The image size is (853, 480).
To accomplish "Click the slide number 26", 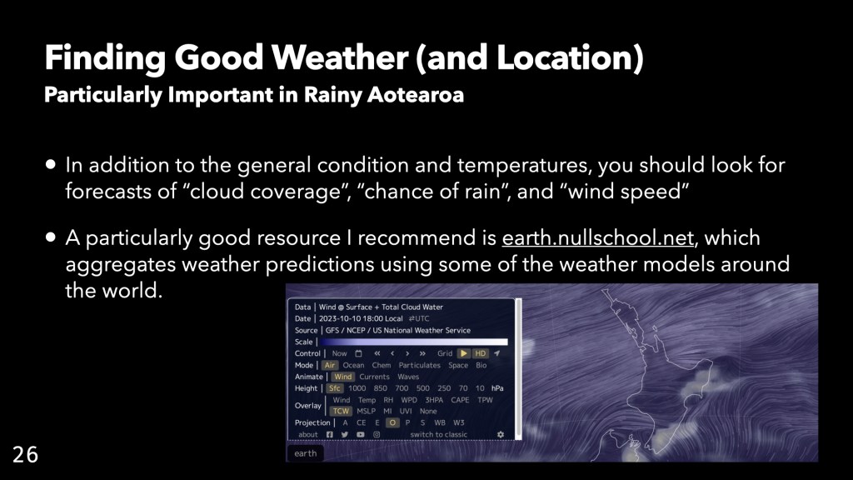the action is [x=26, y=454].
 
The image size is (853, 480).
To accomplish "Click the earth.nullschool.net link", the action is [x=597, y=237].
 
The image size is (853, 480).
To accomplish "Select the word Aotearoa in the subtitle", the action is [x=416, y=95].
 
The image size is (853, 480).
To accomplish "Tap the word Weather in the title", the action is [x=341, y=57].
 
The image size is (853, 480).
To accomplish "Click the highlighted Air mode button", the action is [x=330, y=365].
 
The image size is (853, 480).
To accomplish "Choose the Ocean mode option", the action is [x=353, y=365].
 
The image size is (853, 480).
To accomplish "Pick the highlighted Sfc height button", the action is [x=335, y=388].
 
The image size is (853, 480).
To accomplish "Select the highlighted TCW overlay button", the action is [x=341, y=411].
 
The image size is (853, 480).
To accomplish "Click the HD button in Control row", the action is [x=481, y=353].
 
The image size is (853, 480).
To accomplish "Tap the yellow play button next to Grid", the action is [x=463, y=353].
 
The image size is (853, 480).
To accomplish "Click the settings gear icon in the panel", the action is [x=501, y=434].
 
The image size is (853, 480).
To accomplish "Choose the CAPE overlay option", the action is [x=460, y=400].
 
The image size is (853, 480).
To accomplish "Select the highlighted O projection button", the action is [x=392, y=422].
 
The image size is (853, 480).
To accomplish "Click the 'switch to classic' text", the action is [x=438, y=434].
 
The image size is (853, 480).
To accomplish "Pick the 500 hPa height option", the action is [x=422, y=388].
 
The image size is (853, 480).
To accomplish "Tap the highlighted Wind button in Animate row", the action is [x=342, y=377].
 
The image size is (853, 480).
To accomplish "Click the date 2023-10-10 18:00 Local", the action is [x=361, y=318].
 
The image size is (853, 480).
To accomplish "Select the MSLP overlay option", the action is [x=367, y=411].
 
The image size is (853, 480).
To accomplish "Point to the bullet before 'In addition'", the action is [x=51, y=164].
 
